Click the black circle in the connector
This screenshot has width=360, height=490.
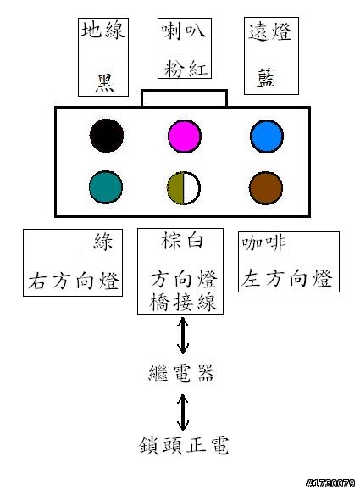click(x=107, y=136)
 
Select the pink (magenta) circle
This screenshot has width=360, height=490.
click(x=185, y=136)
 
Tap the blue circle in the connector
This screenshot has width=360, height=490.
click(x=267, y=136)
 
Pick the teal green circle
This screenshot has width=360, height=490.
click(x=106, y=187)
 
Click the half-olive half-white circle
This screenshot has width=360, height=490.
click(x=184, y=188)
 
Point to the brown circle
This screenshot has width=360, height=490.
click(x=266, y=188)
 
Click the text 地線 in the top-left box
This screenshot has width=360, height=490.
click(x=103, y=31)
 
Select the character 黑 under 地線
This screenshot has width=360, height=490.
click(x=104, y=83)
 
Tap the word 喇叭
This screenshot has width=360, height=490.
click(x=184, y=31)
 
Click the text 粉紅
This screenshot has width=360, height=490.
click(x=186, y=68)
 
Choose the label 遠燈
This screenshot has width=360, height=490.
click(x=270, y=31)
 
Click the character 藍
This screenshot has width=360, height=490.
click(x=266, y=78)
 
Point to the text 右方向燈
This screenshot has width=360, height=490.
click(x=74, y=281)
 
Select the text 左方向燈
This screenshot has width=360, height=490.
click(x=286, y=278)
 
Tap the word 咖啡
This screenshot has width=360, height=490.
click(x=263, y=242)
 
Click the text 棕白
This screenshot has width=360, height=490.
click(x=182, y=241)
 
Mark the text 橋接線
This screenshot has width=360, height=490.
click(x=183, y=302)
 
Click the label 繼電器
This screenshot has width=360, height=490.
click(x=181, y=373)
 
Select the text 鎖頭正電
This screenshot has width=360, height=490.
click(x=184, y=445)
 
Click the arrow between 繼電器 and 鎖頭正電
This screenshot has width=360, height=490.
click(x=183, y=412)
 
